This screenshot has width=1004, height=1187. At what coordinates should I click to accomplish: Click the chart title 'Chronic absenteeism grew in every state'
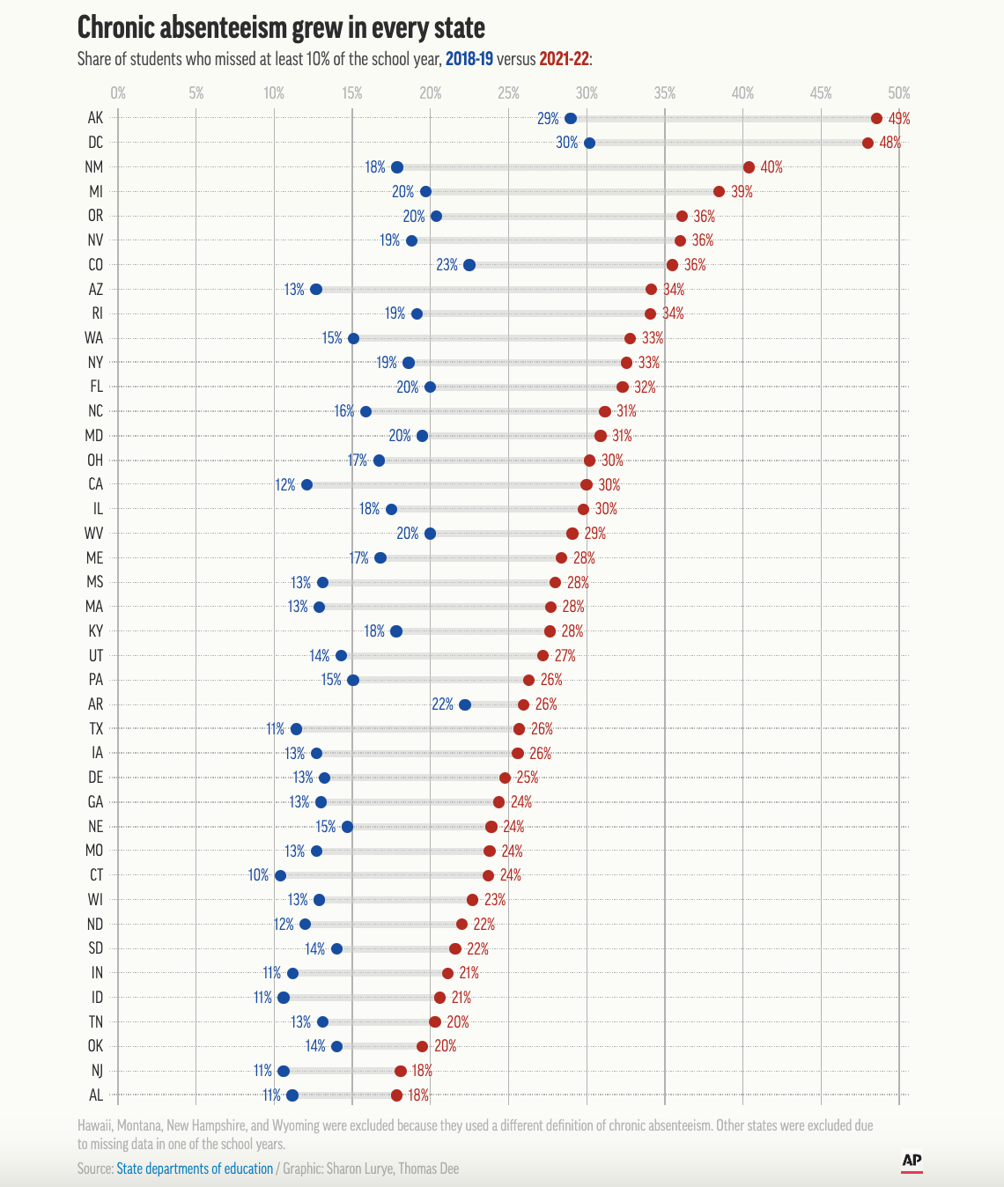(281, 28)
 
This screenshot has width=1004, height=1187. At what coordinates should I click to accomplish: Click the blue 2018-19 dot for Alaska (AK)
(571, 119)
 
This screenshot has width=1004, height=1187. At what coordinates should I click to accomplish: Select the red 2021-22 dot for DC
(867, 143)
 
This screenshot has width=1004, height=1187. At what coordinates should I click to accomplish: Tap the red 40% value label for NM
(771, 167)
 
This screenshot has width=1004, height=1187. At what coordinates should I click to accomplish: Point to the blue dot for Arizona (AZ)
(316, 290)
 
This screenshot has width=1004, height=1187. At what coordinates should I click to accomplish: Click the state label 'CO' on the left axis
(96, 265)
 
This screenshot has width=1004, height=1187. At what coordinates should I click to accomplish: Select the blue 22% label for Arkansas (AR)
(442, 704)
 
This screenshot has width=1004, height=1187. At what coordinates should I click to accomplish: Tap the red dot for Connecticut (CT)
(488, 875)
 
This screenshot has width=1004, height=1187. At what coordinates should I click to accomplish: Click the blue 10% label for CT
(258, 875)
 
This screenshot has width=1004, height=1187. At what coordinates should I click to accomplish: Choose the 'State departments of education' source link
(195, 1169)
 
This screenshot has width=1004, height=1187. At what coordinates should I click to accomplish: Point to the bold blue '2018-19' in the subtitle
(469, 59)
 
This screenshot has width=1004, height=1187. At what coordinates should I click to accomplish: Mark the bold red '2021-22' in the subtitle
(564, 59)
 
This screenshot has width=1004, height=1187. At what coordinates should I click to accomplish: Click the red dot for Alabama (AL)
(396, 1095)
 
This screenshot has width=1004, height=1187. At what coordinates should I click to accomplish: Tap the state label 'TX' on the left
(96, 729)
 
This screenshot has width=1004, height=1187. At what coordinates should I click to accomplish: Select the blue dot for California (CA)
(306, 485)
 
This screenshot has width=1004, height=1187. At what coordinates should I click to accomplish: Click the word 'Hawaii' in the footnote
(97, 1125)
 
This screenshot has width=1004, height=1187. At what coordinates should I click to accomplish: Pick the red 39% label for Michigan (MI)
(742, 192)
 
